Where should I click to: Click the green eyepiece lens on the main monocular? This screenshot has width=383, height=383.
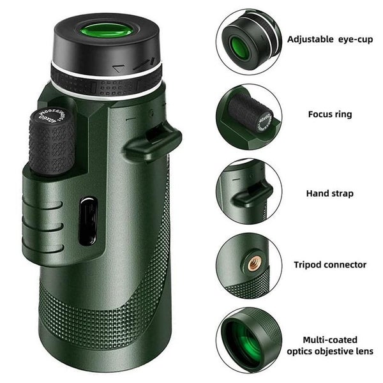(x=106, y=29)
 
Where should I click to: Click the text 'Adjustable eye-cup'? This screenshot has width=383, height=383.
(x=329, y=39)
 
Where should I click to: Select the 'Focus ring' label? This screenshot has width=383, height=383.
(x=330, y=115)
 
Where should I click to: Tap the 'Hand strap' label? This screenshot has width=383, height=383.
(x=330, y=193)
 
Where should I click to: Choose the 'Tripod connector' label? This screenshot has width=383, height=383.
(x=330, y=264)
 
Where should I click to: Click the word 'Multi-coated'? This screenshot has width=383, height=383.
(x=330, y=340)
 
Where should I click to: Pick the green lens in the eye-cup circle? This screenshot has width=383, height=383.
(x=240, y=47)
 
